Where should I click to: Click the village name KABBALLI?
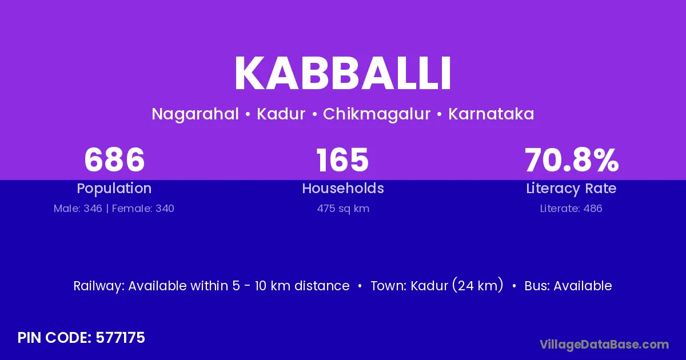(x=342, y=73)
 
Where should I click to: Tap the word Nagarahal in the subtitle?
(x=195, y=114)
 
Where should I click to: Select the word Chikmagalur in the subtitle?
(x=377, y=114)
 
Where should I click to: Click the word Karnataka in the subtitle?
(x=491, y=114)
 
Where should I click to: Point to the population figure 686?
(x=114, y=160)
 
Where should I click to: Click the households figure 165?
(x=342, y=160)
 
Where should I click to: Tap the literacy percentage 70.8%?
(x=572, y=160)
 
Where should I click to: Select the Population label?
(x=114, y=189)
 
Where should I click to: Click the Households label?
(x=343, y=188)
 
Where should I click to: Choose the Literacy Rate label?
(x=571, y=189)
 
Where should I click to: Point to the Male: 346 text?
(x=78, y=209)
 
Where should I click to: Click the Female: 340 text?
(x=143, y=209)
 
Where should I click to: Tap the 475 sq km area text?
(x=343, y=209)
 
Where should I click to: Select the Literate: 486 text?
(x=571, y=209)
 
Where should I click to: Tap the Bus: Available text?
(x=568, y=286)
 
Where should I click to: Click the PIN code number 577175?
(x=120, y=338)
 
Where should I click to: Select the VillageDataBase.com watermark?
(x=604, y=345)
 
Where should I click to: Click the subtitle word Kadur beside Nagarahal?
(x=281, y=114)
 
